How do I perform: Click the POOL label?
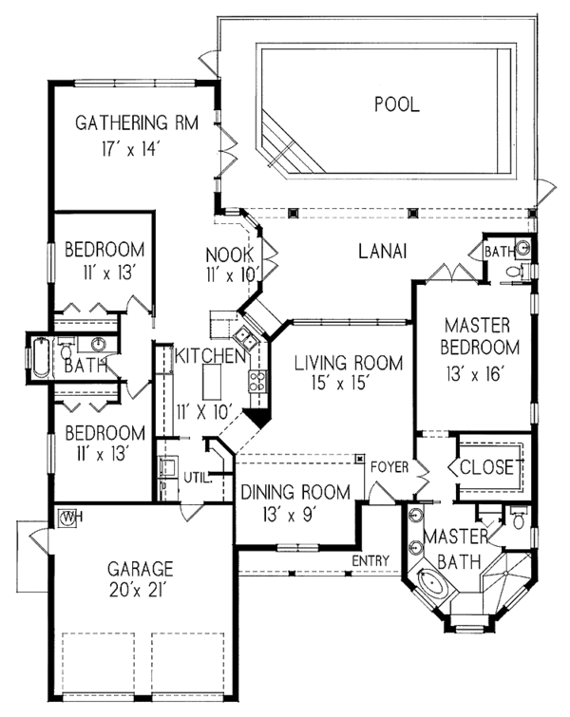(395, 104)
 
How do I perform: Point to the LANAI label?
(383, 252)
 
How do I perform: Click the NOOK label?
(229, 255)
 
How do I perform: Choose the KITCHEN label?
(211, 355)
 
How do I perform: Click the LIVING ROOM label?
(348, 363)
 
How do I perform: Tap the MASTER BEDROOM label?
(482, 335)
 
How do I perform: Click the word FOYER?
(389, 466)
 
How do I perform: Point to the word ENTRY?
(370, 561)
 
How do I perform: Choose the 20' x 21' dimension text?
(139, 592)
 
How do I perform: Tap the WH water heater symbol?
(68, 519)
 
